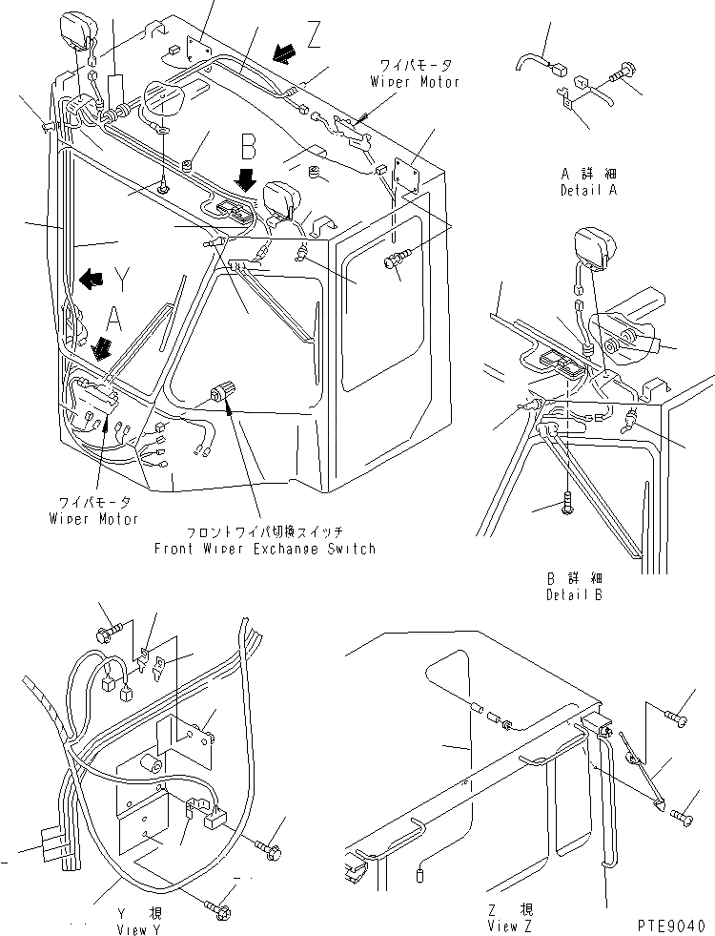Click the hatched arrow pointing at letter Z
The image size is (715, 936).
coord(283,55)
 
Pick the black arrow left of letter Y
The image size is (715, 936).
coord(92,279)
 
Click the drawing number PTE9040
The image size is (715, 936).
coord(670,924)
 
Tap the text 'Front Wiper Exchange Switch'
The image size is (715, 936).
coord(265,549)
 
